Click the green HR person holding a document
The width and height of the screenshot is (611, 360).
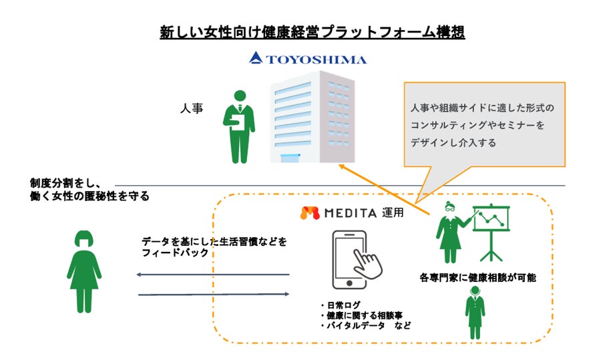tap(238, 126)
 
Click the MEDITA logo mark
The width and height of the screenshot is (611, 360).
tap(309, 214)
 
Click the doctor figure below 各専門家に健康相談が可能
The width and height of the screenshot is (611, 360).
tap(475, 313)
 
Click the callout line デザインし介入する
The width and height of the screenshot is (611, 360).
tap(453, 142)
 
